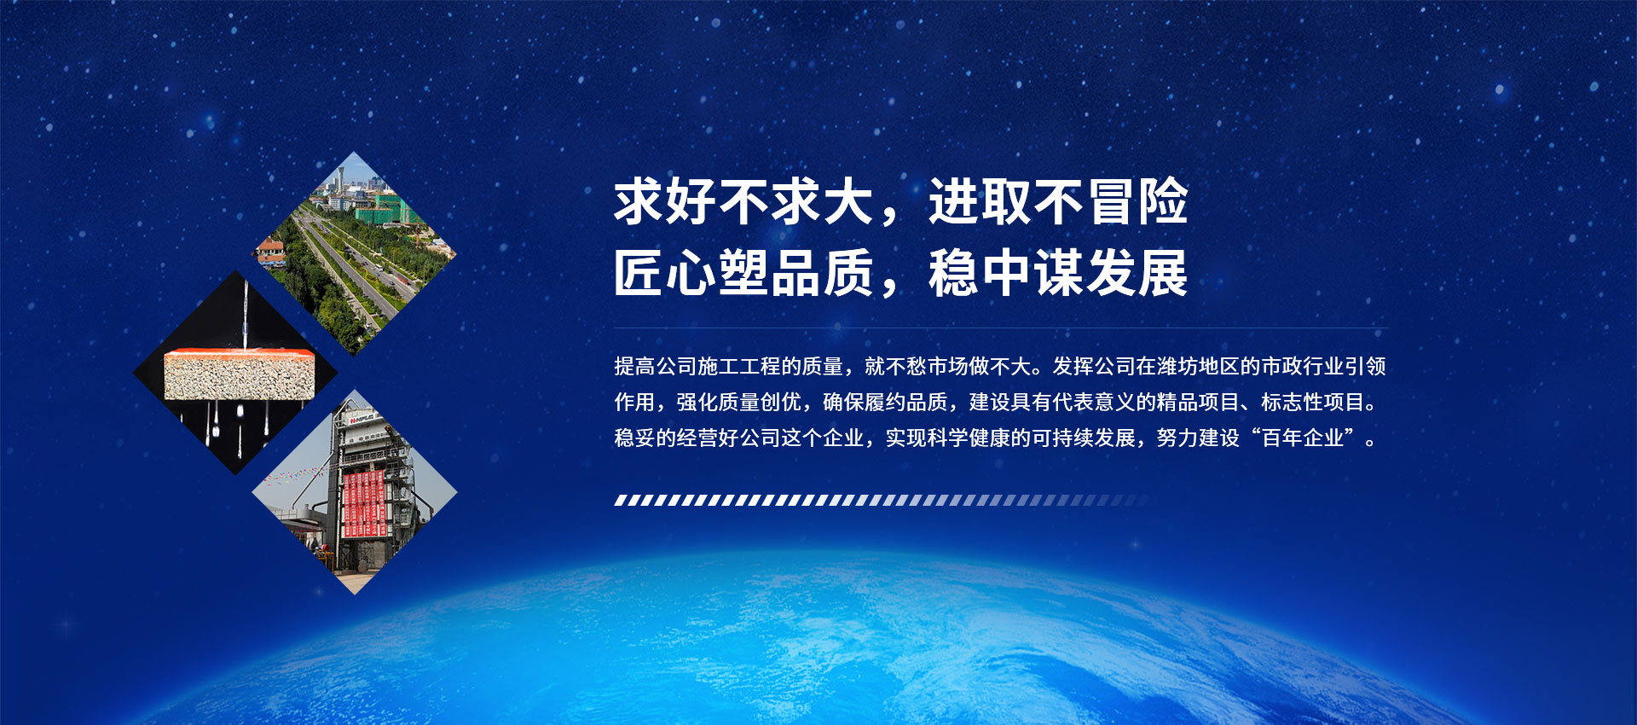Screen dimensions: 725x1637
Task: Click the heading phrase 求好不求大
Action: [x=743, y=203]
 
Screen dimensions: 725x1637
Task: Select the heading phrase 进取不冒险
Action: [x=1057, y=203]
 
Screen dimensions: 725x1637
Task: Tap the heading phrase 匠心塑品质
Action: [x=743, y=274]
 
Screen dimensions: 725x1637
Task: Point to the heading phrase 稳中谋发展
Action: [x=1057, y=274]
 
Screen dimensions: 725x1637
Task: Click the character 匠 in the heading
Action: [x=639, y=274]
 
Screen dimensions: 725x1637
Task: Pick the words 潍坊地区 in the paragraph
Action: [x=1198, y=367]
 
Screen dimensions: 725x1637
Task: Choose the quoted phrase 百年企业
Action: [x=1303, y=438]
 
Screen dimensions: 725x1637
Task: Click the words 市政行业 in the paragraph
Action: [x=1302, y=367]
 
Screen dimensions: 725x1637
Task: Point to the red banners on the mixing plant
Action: [x=364, y=503]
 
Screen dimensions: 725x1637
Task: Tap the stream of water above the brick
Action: [x=246, y=316]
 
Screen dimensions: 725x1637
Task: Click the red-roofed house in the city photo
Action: [x=270, y=248]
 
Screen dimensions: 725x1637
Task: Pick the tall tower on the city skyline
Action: [x=340, y=181]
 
